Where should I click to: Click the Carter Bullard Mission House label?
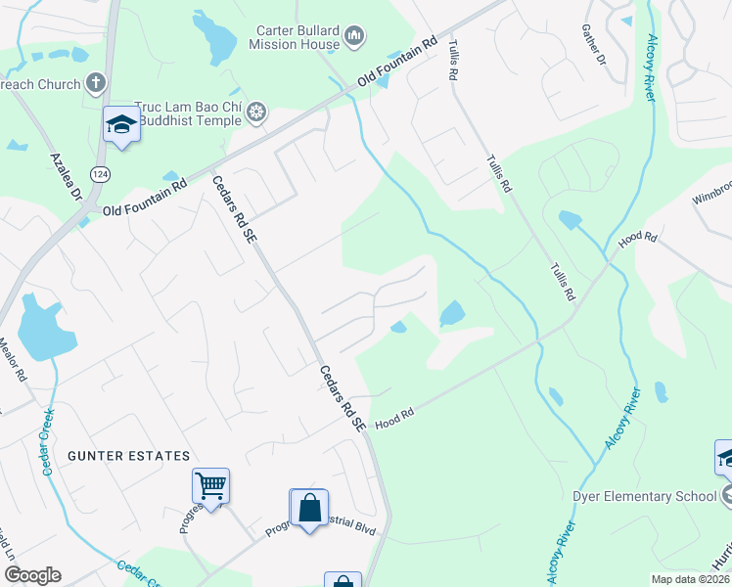pyautogui.click(x=297, y=37)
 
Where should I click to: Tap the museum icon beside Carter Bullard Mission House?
pyautogui.click(x=354, y=38)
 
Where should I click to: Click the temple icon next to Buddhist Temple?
pyautogui.click(x=257, y=113)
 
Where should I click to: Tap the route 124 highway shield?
pyautogui.click(x=99, y=173)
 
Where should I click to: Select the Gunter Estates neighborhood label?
pyautogui.click(x=128, y=456)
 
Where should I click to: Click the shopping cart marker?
pyautogui.click(x=210, y=484)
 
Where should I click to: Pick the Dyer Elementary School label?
pyautogui.click(x=644, y=496)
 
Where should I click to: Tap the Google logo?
pyautogui.click(x=32, y=575)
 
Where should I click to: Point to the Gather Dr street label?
pyautogui.click(x=595, y=46)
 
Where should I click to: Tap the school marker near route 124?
pyautogui.click(x=121, y=124)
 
